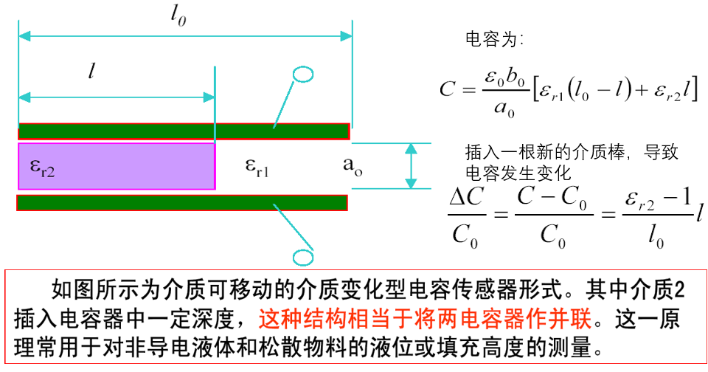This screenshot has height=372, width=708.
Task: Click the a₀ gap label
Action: (353, 167)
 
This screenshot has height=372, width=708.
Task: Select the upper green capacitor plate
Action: (183, 131)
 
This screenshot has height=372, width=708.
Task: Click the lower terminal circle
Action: (302, 257)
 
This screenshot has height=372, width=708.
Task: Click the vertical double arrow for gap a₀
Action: (412, 166)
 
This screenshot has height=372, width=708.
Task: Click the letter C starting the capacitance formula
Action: (447, 89)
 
